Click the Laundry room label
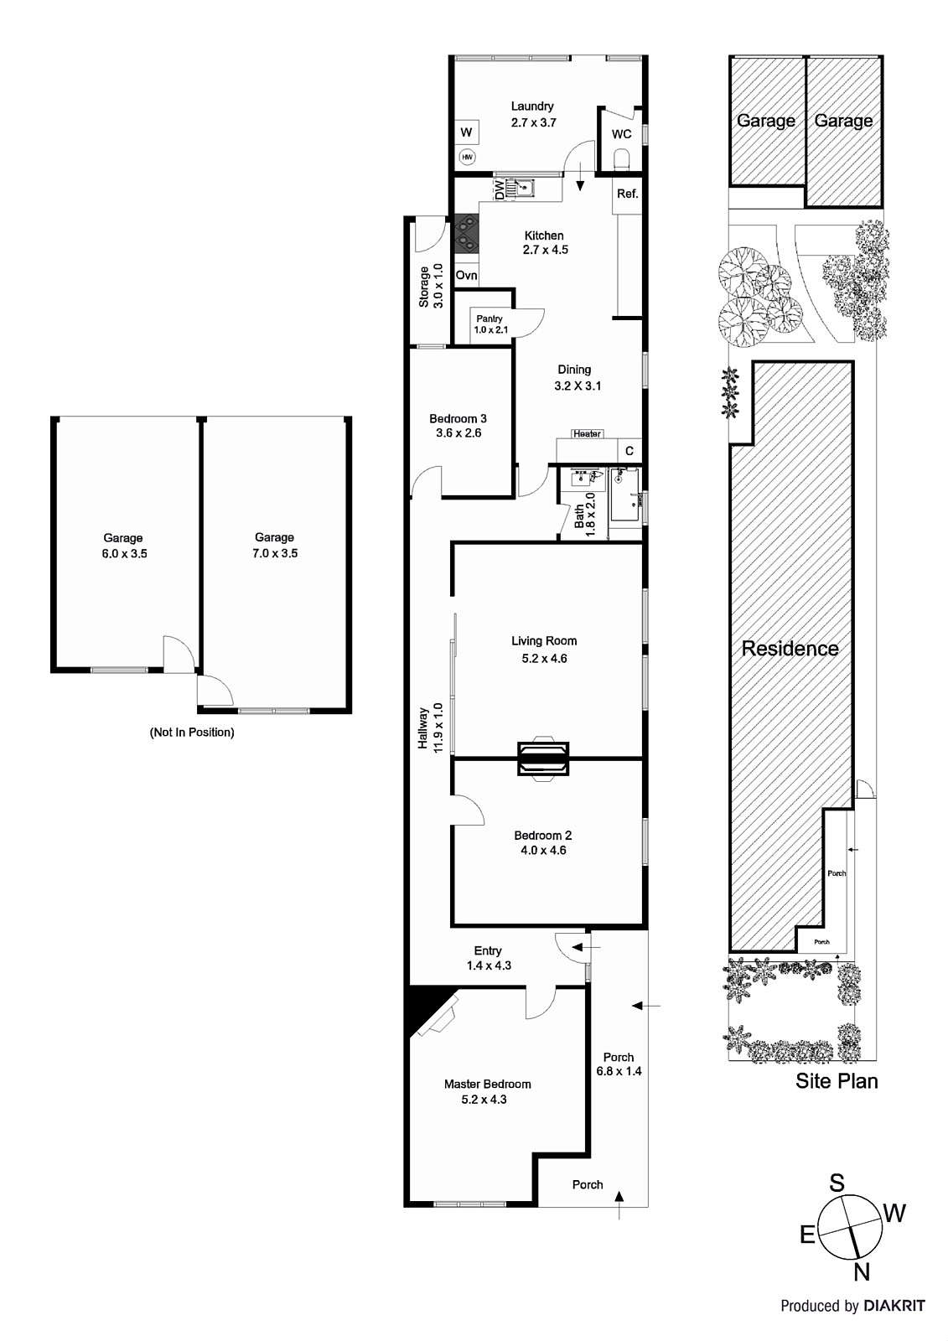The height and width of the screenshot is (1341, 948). pos(532,106)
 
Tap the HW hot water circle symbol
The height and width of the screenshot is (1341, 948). pos(467,157)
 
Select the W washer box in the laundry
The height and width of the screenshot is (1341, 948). pos(467,132)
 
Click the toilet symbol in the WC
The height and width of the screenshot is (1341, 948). pos(621,159)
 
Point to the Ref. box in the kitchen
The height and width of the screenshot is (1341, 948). pos(628,194)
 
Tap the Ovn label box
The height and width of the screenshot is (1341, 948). pos(467,275)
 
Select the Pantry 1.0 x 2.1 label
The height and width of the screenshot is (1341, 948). pos(490,324)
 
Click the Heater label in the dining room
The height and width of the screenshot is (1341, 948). pos(587,433)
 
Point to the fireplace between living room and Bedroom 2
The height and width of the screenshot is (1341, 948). pos(543,759)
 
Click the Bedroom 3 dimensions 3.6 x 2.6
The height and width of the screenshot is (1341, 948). pos(458,433)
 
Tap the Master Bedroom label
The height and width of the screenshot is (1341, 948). pos(487,1084)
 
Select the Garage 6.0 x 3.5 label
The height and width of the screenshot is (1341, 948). pos(123,546)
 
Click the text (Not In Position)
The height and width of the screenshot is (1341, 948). pos(192,732)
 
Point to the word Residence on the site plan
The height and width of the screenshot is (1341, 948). pos(790,648)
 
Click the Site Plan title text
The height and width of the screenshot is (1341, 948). pos(837,1080)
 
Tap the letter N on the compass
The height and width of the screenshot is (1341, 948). pos(861,1273)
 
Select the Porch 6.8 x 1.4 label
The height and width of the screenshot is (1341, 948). pos(619,1064)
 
